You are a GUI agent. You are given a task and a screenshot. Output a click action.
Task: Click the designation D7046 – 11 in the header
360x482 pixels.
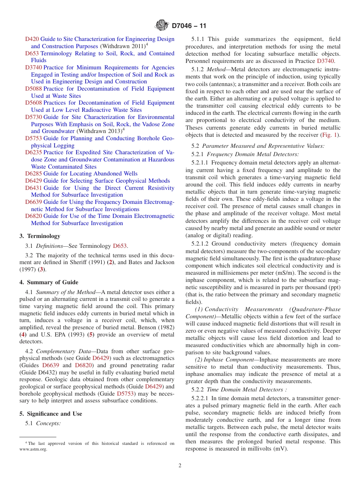point(189,26)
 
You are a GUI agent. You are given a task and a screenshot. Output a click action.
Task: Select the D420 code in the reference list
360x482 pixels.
point(32,39)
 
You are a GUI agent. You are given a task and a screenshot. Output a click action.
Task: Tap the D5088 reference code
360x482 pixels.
point(34,89)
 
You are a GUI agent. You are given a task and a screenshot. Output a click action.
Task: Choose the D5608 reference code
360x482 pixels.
point(34,103)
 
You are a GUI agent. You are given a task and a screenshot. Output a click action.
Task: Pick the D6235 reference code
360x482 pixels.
point(34,152)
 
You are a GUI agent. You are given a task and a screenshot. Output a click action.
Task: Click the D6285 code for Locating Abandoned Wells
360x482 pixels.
point(34,174)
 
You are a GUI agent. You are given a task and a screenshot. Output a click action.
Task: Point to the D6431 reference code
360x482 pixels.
point(34,188)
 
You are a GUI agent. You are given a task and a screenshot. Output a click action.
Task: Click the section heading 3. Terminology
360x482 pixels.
point(40,236)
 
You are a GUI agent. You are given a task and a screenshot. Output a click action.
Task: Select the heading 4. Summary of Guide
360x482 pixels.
point(49,282)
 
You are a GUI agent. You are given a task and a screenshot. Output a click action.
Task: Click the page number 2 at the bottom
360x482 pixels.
point(180,466)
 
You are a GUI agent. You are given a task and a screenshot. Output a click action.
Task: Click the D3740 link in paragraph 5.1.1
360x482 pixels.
point(326,61)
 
